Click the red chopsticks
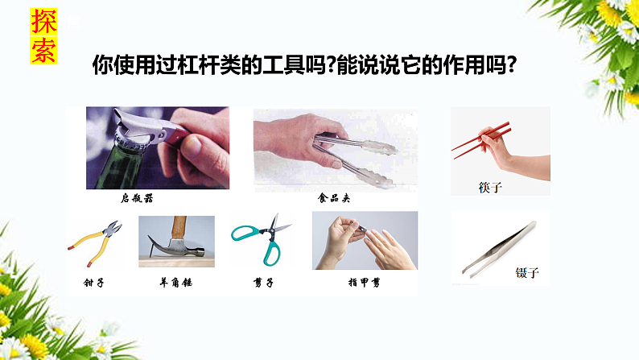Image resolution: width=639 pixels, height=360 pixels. point(480,139)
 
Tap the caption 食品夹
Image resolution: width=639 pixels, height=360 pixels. point(334,197)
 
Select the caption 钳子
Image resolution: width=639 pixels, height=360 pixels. point(94,283)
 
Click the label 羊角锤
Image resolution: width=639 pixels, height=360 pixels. point(176,283)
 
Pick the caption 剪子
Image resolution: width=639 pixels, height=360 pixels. point(263,283)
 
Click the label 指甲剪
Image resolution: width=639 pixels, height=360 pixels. point(364,283)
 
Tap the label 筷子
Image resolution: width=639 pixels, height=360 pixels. point(490,187)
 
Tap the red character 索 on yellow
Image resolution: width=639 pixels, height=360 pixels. point(43,50)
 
